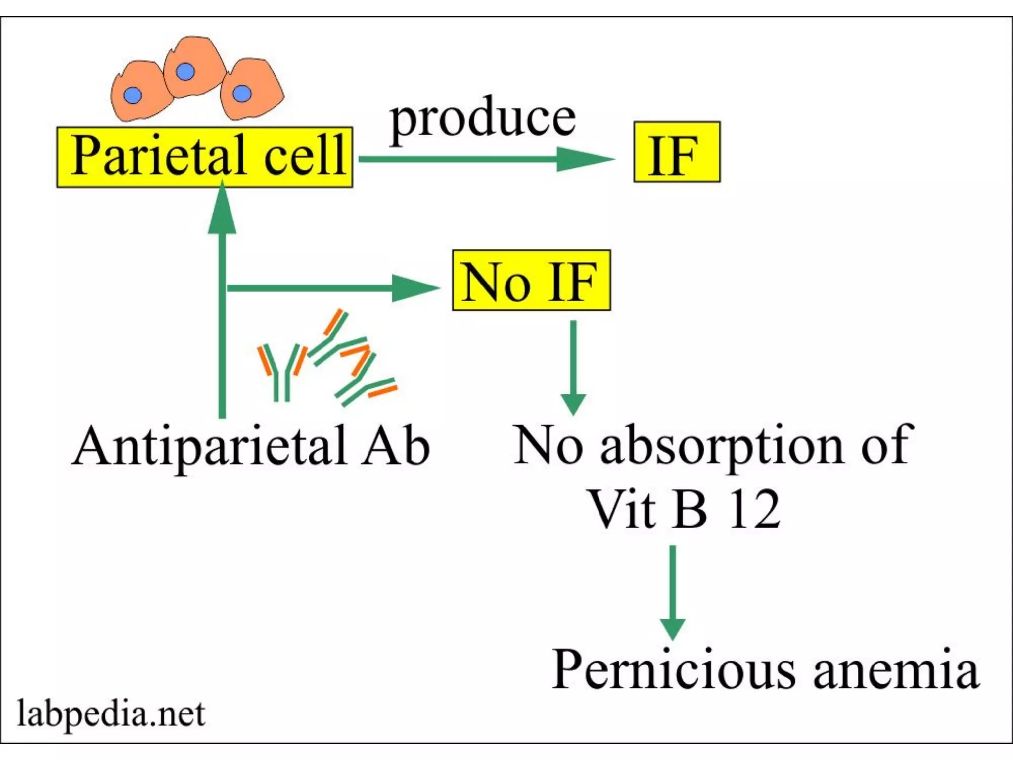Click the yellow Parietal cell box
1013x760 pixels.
205,157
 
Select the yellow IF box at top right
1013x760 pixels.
676,152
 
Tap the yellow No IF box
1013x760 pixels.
531,281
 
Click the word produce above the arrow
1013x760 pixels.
483,119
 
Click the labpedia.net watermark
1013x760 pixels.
111,714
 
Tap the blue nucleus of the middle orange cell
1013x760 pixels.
185,72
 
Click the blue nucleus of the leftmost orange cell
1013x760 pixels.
133,95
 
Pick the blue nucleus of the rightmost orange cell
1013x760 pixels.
242,93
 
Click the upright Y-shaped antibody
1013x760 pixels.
280,371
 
